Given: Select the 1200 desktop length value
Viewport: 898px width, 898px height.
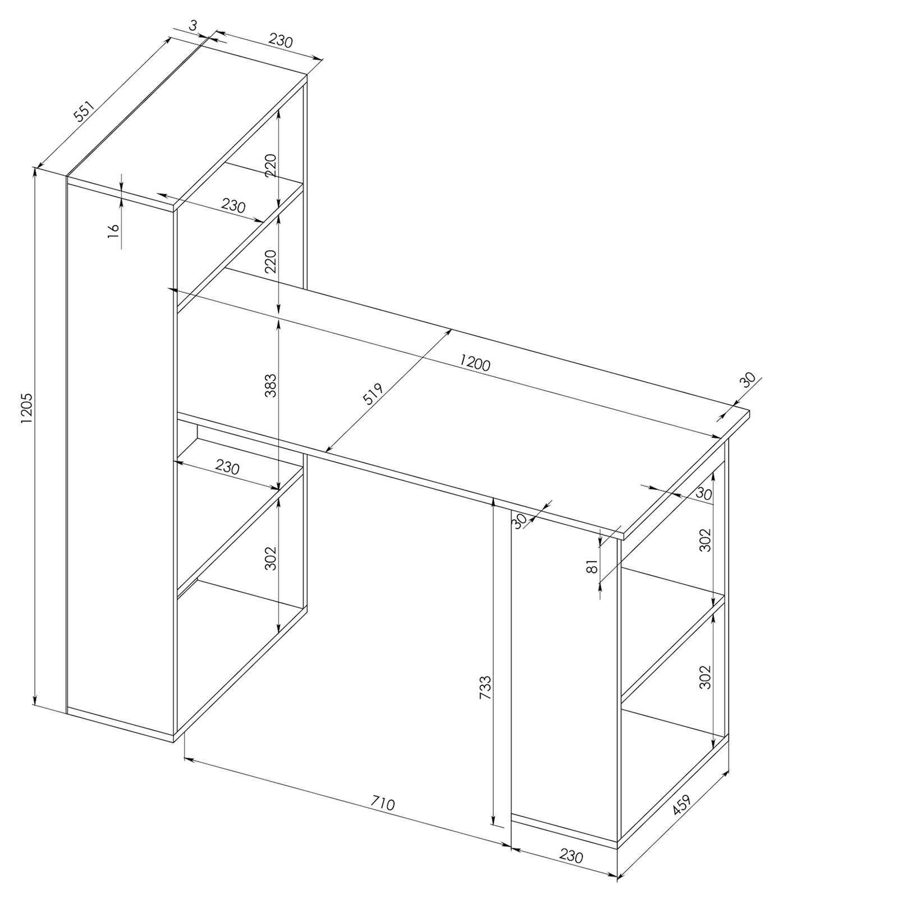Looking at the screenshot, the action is (474, 363).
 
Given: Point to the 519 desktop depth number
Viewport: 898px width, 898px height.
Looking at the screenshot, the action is (372, 395).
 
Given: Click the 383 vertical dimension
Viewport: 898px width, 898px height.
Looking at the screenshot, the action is (271, 386).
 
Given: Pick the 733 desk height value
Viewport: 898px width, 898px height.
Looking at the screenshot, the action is (485, 687).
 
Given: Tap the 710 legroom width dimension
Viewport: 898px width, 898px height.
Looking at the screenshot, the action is (382, 804).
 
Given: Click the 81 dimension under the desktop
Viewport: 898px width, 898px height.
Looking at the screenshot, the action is (591, 569).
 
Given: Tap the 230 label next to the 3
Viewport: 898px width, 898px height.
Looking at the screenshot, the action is (281, 40).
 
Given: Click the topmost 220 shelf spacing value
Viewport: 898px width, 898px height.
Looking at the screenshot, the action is (271, 166).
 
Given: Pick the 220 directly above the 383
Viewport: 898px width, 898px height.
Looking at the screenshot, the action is (271, 261).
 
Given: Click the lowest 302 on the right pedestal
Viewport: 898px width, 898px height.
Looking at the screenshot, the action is (705, 677).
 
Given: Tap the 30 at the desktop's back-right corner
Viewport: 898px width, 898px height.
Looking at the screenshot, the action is (748, 380).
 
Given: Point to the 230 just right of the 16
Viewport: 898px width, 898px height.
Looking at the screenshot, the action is (233, 206).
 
